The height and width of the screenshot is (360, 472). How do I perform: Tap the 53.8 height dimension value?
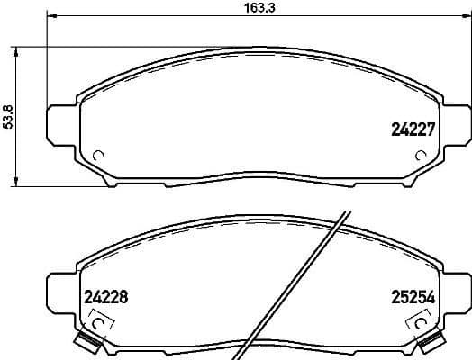pos(9,116)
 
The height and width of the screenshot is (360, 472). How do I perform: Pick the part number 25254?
pos(412,296)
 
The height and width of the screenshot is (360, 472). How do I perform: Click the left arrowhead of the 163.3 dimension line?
pos(50,17)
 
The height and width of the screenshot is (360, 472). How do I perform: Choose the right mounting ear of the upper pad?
pos(454,123)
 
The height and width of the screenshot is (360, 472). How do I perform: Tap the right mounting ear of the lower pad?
pos(454,290)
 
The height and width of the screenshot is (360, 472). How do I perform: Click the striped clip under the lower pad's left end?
pos(88,341)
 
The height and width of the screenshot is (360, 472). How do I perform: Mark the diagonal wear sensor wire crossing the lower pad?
pos(311,270)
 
